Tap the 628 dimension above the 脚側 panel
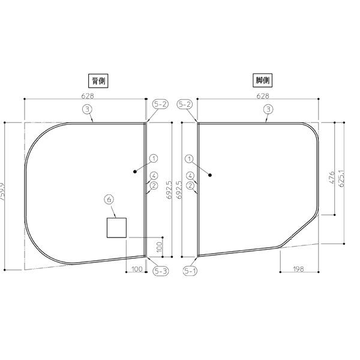click(x=262, y=95)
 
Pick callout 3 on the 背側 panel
click(x=88, y=109)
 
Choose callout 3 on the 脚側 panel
click(x=268, y=109)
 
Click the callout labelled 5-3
click(x=160, y=271)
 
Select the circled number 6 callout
click(x=109, y=199)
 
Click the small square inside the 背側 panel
click(x=116, y=228)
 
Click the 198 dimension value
click(x=298, y=269)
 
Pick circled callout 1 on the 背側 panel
click(x=154, y=158)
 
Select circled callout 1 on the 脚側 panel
click(x=190, y=158)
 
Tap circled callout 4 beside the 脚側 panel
click(x=190, y=176)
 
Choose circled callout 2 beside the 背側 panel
click(x=154, y=185)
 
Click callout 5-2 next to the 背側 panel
click(x=160, y=104)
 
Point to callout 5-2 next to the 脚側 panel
click(x=185, y=104)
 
